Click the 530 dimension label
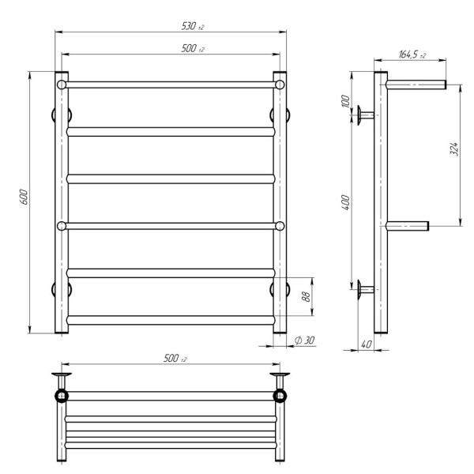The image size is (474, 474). pyautogui.click(x=193, y=26)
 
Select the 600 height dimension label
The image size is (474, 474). pyautogui.click(x=24, y=197)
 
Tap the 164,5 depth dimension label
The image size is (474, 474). pyautogui.click(x=412, y=55)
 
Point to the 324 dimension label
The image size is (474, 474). pyautogui.click(x=453, y=149)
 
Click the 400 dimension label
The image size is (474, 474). pyautogui.click(x=346, y=202)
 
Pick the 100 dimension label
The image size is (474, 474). pyautogui.click(x=345, y=101)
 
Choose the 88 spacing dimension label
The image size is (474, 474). pyautogui.click(x=306, y=296)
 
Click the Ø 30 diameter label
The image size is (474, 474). pyautogui.click(x=305, y=340)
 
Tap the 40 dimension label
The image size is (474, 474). pyautogui.click(x=367, y=344)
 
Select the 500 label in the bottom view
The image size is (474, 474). pyautogui.click(x=175, y=358)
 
